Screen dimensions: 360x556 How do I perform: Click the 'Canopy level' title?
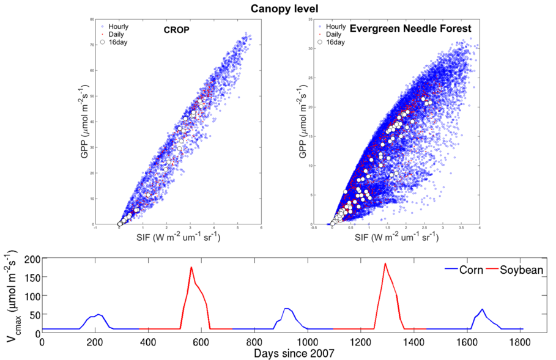(278, 8)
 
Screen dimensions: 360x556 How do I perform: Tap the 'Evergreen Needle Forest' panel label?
(401, 28)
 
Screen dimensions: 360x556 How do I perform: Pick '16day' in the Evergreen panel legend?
(335, 42)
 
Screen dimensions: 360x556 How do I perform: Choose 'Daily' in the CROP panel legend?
(116, 34)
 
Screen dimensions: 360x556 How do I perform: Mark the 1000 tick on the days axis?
(308, 341)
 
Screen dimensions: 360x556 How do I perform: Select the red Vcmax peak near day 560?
(191, 267)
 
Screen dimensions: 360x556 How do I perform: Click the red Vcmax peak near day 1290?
(385, 263)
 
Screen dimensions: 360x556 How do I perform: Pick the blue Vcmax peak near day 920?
(286, 309)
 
